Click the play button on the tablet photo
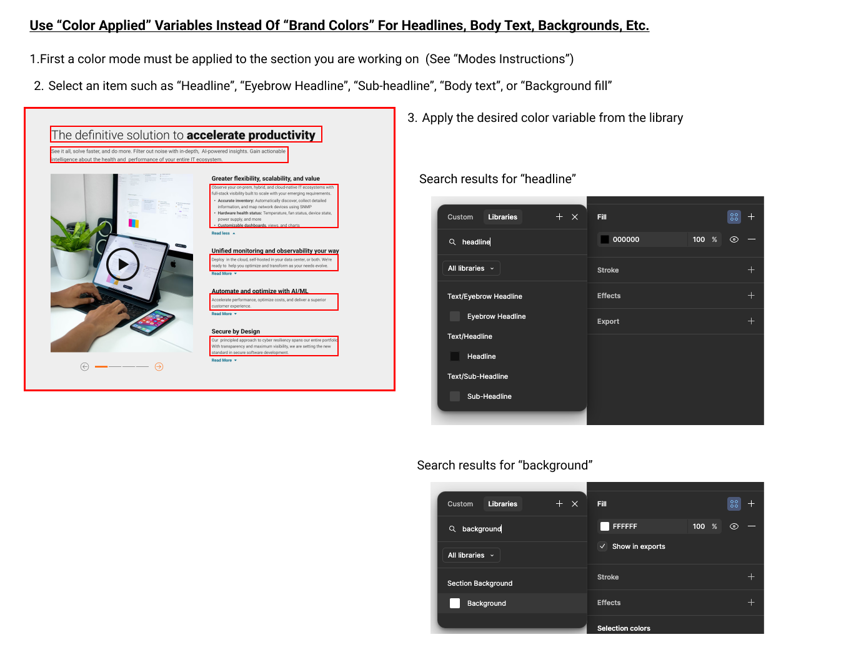[x=122, y=264]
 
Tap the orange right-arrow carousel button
[x=159, y=367]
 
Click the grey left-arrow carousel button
[x=84, y=367]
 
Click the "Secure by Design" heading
[x=236, y=331]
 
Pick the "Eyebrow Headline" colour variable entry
[x=496, y=316]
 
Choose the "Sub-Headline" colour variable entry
[x=489, y=396]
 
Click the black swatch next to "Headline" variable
[x=455, y=356]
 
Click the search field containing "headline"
[x=512, y=242]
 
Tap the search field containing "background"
[x=512, y=529]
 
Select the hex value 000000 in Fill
[x=626, y=239]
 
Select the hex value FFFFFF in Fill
[x=625, y=526]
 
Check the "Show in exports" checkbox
[x=603, y=546]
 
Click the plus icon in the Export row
[x=751, y=321]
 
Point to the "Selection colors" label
[x=624, y=628]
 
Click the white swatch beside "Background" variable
[x=455, y=603]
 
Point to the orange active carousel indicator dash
[x=101, y=367]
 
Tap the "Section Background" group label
[x=480, y=583]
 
